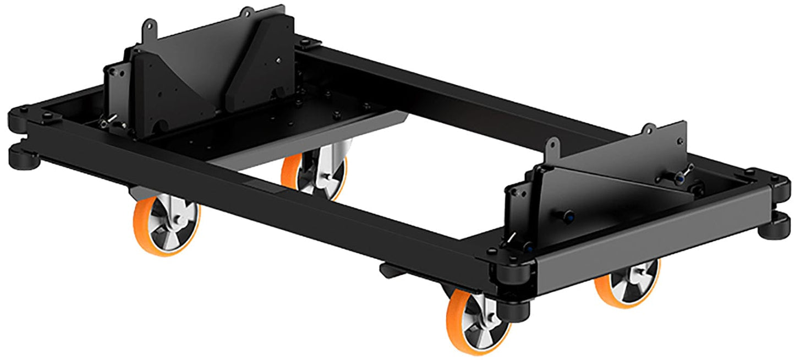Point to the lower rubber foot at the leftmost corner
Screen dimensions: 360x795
22,157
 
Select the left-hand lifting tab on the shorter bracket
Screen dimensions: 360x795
551,146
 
